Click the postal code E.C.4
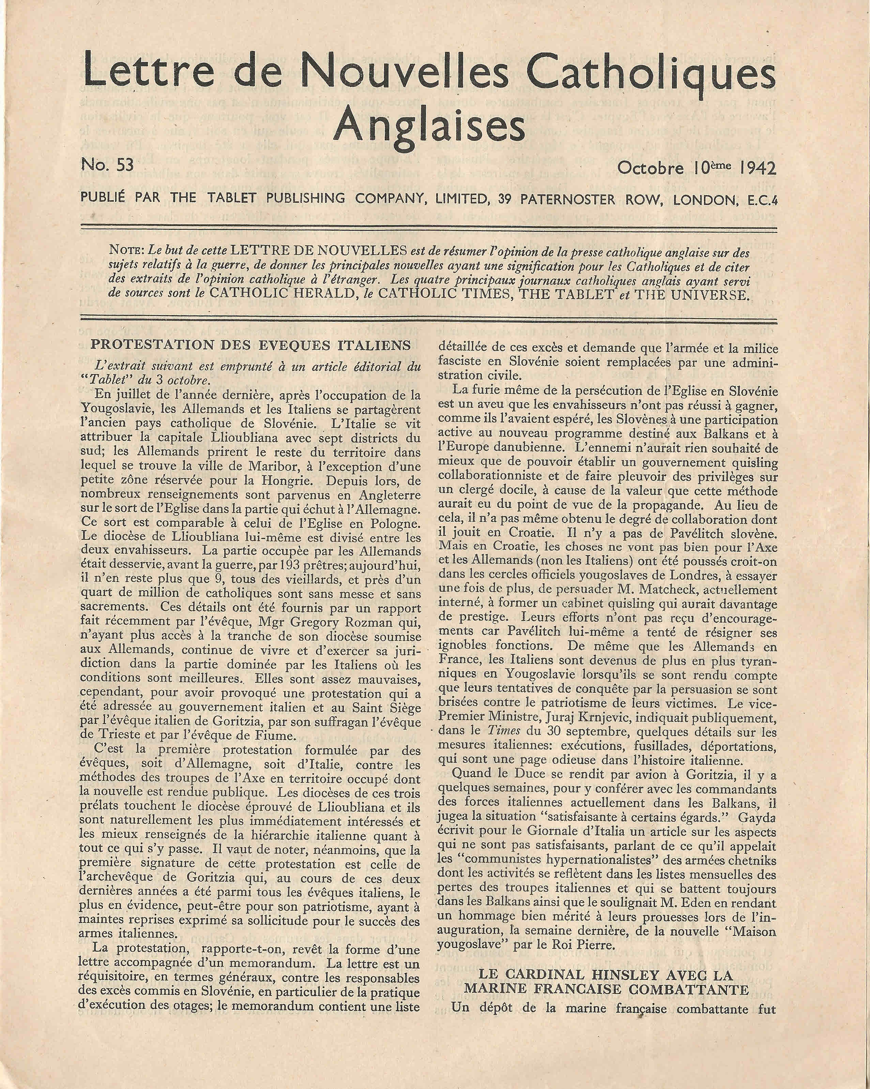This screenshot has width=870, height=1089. pyautogui.click(x=760, y=200)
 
